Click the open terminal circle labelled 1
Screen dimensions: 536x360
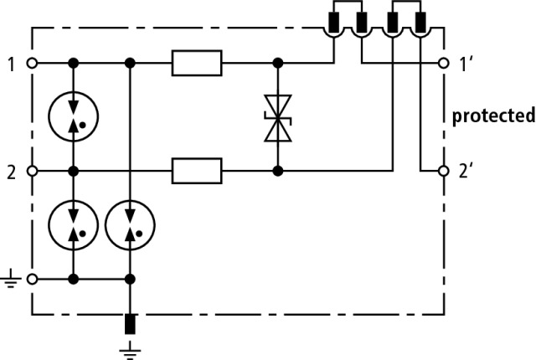[32, 63]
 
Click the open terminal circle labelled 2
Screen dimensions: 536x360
[32, 171]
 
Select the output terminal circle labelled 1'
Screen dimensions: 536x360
[444, 63]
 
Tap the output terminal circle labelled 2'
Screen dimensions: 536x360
[444, 171]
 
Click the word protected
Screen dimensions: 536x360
[493, 116]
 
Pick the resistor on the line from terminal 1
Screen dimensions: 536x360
[197, 63]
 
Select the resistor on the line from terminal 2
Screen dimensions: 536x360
[197, 171]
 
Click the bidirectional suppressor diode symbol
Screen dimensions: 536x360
[278, 118]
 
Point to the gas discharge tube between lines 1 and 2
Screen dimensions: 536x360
[74, 116]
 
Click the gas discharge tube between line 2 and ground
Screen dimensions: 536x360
[74, 224]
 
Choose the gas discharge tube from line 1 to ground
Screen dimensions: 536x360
[130, 224]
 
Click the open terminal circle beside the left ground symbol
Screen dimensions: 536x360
[32, 280]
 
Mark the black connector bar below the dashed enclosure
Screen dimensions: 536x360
[130, 324]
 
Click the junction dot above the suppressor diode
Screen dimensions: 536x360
[278, 63]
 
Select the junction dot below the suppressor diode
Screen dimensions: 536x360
[278, 171]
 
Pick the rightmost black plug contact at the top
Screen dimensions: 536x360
[420, 23]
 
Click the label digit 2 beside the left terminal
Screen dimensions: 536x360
[11, 172]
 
